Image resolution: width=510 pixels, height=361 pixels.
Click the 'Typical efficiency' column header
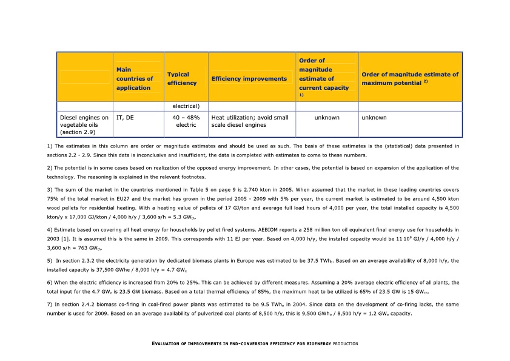click(182, 78)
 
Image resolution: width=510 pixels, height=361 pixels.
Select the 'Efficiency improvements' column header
click(249, 79)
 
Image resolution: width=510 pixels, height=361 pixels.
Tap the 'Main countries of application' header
click(135, 79)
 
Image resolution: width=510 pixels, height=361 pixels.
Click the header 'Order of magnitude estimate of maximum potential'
click(409, 78)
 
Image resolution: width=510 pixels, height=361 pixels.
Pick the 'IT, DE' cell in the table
click(125, 118)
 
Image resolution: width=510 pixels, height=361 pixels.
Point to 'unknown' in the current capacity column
click(327, 118)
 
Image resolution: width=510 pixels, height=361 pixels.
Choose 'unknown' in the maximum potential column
click(374, 118)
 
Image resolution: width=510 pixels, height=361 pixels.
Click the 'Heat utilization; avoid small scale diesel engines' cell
click(249, 121)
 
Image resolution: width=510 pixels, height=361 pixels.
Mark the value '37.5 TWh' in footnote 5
click(323, 261)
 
